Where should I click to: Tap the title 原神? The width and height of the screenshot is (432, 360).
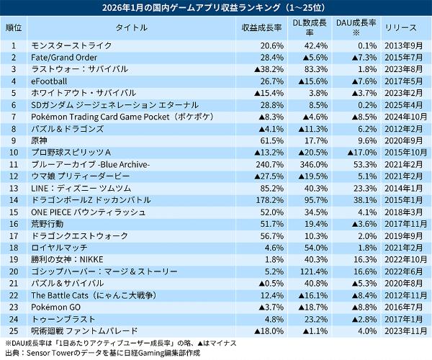[40, 140]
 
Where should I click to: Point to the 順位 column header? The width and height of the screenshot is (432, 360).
[14, 27]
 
